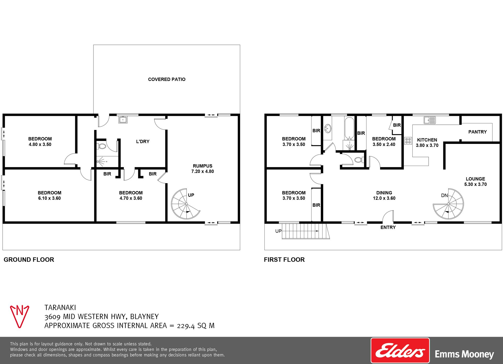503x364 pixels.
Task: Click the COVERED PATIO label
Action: point(167,79)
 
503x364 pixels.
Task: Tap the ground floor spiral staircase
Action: point(185,204)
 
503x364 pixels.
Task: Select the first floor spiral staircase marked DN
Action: point(448,204)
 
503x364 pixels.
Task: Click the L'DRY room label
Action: point(143,142)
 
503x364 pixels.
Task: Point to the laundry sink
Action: point(123,120)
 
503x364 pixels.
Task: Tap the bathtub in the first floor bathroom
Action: point(349,128)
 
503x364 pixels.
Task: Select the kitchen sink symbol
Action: point(430,120)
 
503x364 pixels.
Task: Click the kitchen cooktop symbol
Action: point(408,141)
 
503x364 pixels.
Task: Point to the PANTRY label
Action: point(477,132)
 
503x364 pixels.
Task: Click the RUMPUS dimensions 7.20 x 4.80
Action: point(203,171)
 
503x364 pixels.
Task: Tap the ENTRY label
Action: point(388,227)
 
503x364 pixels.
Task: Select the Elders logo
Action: point(400,351)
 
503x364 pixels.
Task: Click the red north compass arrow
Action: point(20,316)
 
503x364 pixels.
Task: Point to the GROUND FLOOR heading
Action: point(29,260)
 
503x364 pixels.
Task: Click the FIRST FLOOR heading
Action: point(284,260)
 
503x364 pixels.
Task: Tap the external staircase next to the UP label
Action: point(305,231)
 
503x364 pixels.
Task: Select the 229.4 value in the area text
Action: point(186,326)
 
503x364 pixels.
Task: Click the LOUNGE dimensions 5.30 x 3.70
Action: point(475,184)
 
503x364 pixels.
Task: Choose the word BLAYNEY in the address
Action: point(144,317)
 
